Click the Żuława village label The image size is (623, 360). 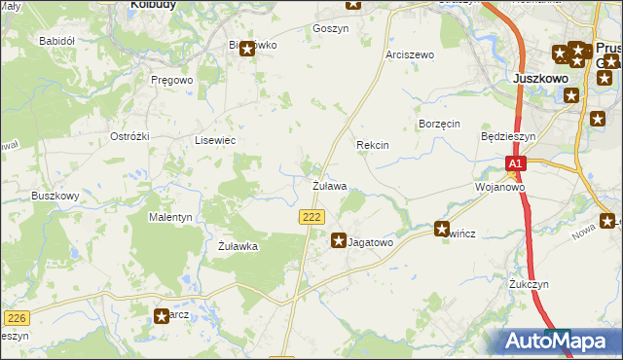(329, 185)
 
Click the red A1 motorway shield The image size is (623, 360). (516, 164)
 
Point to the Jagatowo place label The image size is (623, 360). (370, 242)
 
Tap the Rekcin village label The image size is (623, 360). (372, 145)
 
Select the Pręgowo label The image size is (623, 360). (172, 80)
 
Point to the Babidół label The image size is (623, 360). (55, 41)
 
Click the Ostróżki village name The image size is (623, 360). (129, 136)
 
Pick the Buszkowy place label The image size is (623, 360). (55, 196)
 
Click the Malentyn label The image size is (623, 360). (170, 217)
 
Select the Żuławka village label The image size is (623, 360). (238, 247)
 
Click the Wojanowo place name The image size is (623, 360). (499, 187)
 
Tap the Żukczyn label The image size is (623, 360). (529, 284)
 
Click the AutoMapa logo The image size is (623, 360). (558, 341)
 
